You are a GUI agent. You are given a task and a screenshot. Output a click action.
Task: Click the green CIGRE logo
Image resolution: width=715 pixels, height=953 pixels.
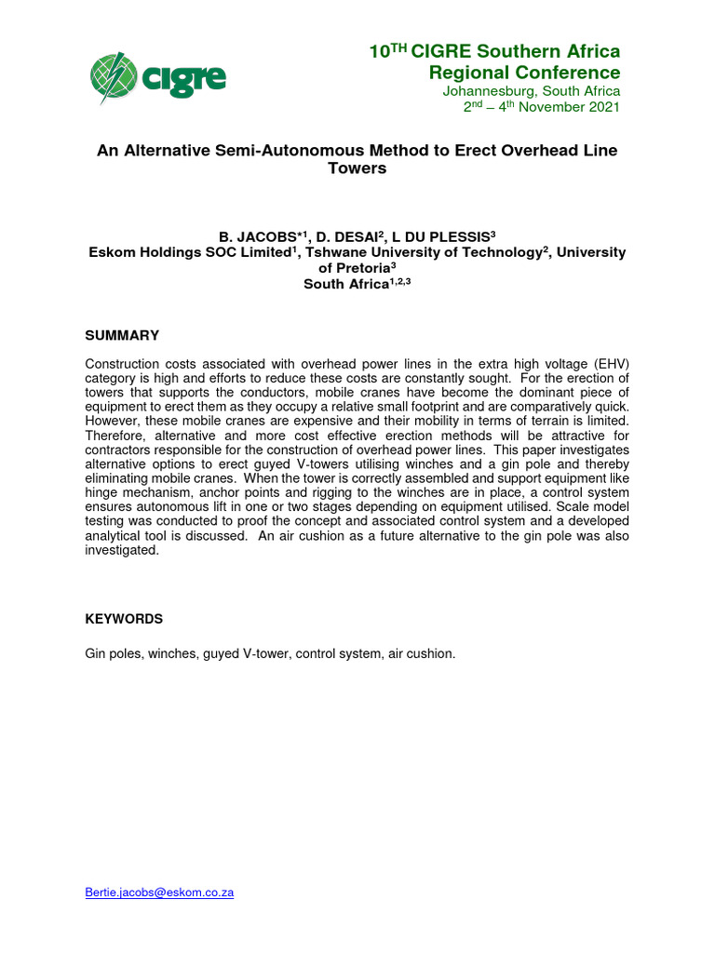point(157,77)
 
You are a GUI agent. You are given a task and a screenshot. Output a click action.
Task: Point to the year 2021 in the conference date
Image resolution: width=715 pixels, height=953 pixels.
point(601,107)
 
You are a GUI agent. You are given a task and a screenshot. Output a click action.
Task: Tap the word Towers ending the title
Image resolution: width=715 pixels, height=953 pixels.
point(357,168)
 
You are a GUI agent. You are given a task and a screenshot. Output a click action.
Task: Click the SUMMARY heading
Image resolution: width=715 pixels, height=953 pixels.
point(122,335)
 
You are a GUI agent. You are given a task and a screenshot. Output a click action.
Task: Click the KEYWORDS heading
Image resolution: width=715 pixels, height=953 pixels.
point(124,619)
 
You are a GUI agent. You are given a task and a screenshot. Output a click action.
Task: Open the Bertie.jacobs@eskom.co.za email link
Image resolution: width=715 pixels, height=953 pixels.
point(159,892)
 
